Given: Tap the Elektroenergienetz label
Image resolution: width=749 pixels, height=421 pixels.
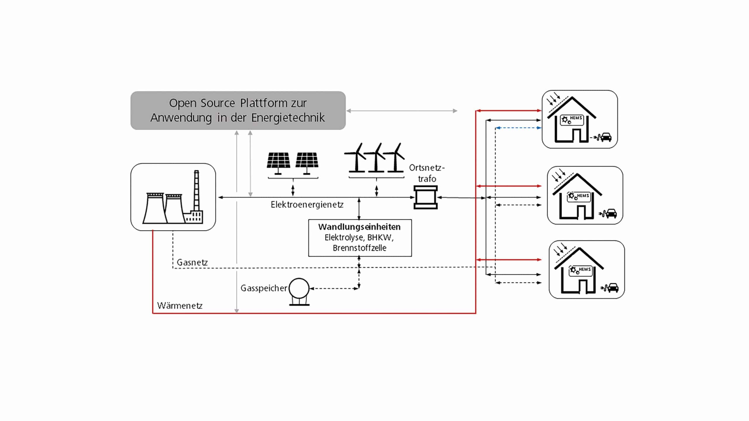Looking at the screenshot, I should click(307, 205).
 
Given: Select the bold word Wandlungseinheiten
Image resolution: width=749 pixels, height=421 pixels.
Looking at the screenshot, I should click(359, 227).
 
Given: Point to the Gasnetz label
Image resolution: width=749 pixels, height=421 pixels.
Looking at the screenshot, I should click(192, 263).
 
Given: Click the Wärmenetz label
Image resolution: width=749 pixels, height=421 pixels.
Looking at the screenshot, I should click(180, 306).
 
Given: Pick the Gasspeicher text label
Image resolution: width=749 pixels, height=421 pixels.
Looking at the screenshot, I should click(264, 288).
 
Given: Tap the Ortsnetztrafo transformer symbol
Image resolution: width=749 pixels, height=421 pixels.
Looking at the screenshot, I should click(425, 197).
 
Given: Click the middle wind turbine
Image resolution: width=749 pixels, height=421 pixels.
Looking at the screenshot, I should click(376, 158).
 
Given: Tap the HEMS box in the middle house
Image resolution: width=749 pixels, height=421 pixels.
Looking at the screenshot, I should click(579, 196).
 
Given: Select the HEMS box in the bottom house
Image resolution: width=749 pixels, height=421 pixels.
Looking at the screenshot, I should click(580, 270).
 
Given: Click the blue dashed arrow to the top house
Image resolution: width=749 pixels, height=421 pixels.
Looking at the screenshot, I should click(518, 128).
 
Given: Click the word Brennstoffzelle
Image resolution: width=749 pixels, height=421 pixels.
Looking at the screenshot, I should click(360, 248).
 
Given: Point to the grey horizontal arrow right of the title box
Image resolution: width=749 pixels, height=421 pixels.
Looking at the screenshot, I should click(401, 111).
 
